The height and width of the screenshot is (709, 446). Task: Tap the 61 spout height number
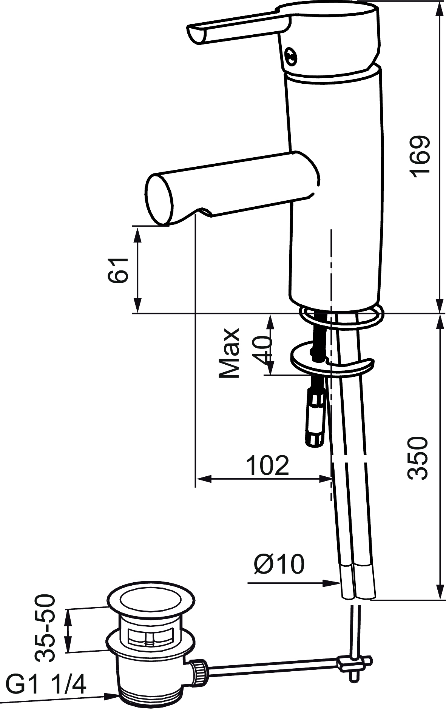click(118, 270)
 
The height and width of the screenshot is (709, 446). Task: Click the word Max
click(229, 353)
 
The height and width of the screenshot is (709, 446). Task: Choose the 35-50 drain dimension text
click(45, 629)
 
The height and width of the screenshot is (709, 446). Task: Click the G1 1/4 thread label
click(46, 683)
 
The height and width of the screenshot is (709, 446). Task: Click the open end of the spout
click(159, 200)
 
